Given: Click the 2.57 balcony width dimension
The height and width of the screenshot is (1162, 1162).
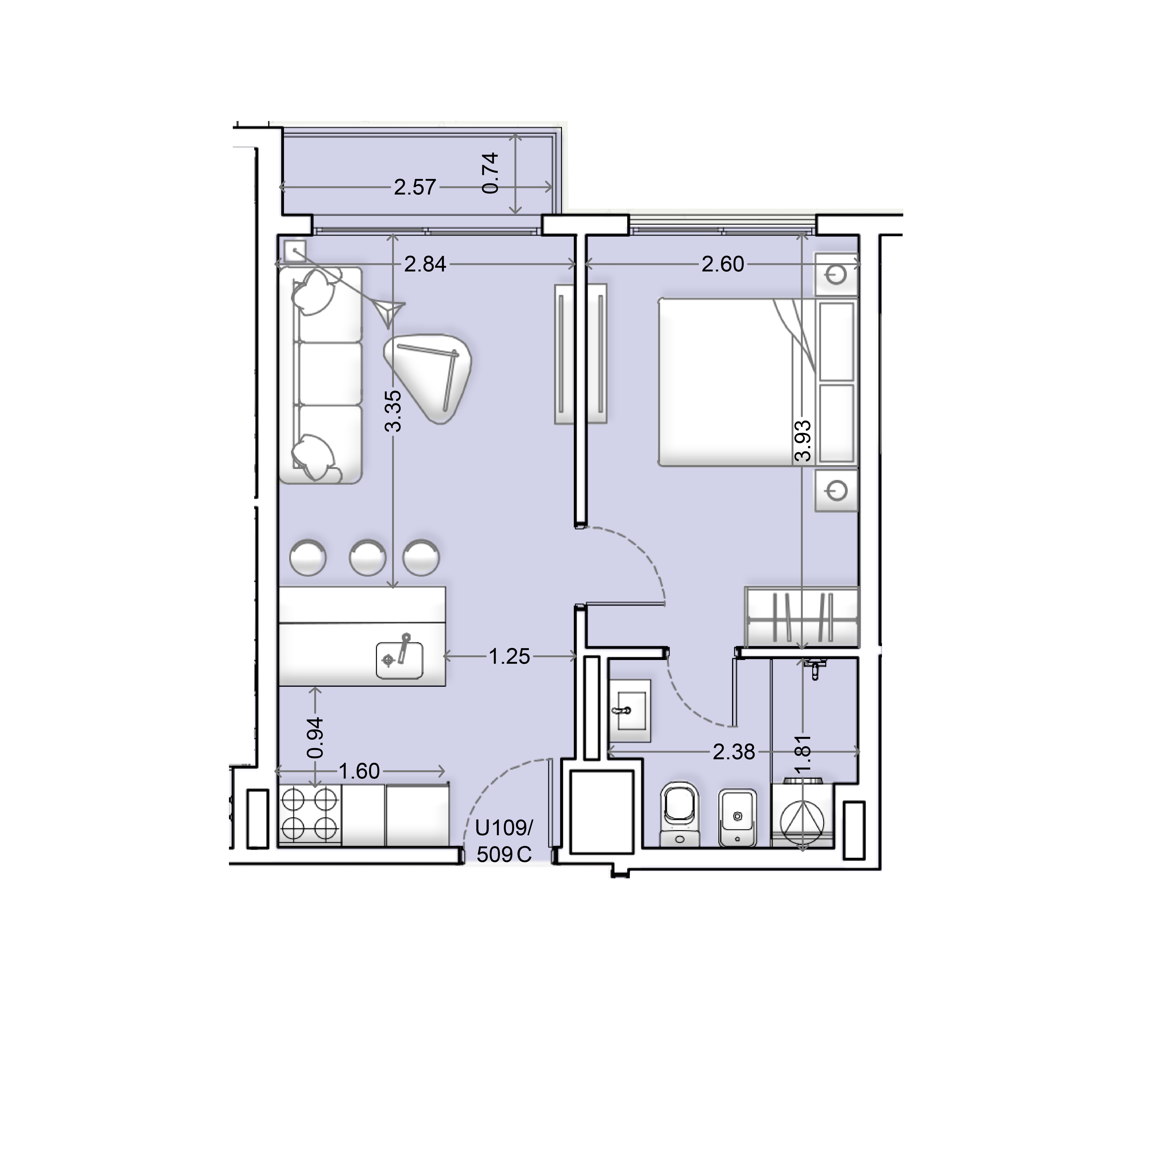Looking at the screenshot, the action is coord(415,188).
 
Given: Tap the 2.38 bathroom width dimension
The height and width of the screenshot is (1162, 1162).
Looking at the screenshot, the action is coord(734,752).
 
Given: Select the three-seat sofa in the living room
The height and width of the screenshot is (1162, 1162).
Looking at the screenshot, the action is coord(320,375).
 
